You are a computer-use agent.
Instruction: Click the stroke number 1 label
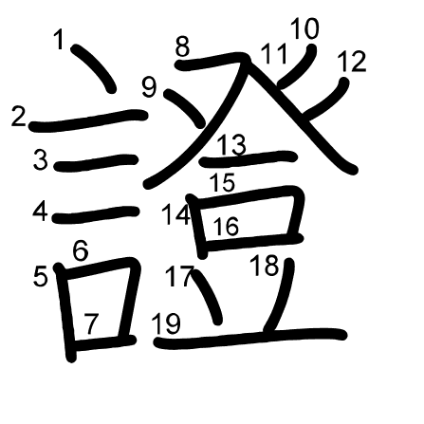tap(59, 39)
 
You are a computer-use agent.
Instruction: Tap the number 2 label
tap(18, 116)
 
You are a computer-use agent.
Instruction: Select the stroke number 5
tap(40, 276)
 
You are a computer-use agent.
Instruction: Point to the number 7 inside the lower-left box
tap(92, 323)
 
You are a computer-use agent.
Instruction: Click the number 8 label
tap(182, 46)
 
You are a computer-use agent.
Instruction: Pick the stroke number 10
tap(304, 28)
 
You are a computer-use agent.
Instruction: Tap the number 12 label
tap(352, 61)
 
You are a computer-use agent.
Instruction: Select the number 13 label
tap(232, 144)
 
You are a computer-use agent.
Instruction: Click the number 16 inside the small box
tap(226, 226)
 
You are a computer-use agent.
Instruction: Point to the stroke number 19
tap(166, 323)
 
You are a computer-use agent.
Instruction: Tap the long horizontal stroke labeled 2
tap(88, 120)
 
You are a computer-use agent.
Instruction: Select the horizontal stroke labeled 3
tap(96, 162)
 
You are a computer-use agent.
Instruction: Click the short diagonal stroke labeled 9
tap(185, 108)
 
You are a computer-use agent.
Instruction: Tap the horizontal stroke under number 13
tap(249, 158)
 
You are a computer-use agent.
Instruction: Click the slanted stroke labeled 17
tap(207, 297)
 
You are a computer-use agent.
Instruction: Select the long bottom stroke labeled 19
tap(249, 339)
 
